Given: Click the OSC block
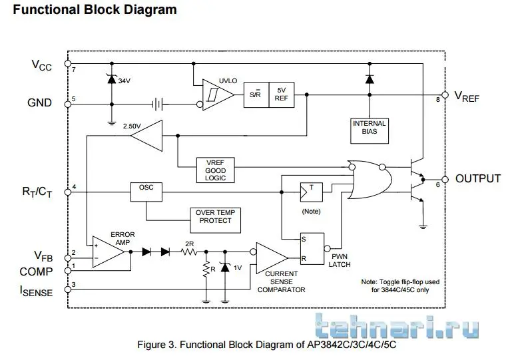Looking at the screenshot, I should [146, 189].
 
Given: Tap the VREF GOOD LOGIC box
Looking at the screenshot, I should [215, 170].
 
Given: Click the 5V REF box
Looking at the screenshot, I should [281, 95].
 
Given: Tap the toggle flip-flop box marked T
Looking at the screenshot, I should [311, 192].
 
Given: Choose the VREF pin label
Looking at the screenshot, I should [467, 96].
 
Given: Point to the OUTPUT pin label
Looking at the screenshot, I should [477, 178].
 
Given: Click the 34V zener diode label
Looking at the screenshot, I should [125, 81].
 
